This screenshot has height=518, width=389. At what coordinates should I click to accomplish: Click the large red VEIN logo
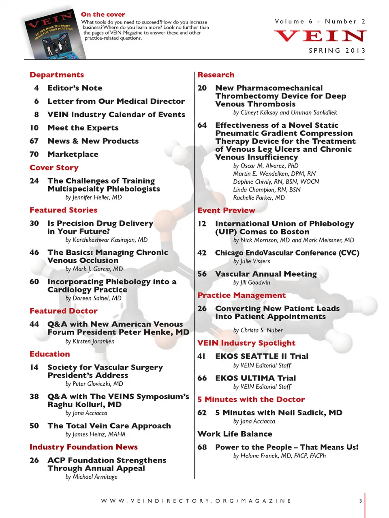coord(320,36)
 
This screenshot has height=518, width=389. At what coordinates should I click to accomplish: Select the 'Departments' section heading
coord(57,75)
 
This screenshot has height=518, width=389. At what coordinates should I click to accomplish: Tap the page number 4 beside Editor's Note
coord(36,88)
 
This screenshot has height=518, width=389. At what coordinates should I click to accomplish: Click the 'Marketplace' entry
coord(73,154)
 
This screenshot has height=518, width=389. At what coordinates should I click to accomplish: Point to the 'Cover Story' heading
coord(54,168)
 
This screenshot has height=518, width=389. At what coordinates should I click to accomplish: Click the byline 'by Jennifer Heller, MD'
coord(94,198)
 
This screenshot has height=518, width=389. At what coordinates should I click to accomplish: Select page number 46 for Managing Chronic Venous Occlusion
coord(34,252)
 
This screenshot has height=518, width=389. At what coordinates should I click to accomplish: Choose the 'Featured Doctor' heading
coord(64,311)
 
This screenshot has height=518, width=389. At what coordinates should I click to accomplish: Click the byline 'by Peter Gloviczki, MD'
coord(94,384)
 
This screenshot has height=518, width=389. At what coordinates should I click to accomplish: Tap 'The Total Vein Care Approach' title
coord(109,426)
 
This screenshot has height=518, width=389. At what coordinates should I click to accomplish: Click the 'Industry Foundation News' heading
coord(83,447)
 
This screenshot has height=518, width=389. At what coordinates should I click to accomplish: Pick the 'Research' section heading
coord(216,75)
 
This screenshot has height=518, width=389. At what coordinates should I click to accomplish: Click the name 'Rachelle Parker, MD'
coord(259,198)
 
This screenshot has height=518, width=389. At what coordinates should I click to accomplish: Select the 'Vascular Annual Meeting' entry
coord(266,274)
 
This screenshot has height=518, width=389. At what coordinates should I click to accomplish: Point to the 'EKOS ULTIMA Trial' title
coord(256,378)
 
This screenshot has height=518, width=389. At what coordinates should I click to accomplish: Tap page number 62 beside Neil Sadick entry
coord(202,413)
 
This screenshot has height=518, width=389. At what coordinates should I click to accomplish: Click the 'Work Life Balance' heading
coord(235,434)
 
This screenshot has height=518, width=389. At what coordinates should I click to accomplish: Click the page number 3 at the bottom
coord(360,501)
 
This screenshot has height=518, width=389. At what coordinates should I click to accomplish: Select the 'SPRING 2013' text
coord(337,51)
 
